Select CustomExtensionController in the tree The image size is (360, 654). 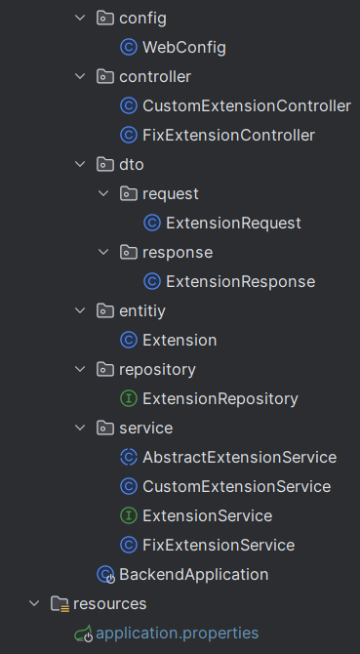(x=246, y=105)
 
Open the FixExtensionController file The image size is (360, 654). (x=228, y=135)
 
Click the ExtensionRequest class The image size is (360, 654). (x=233, y=223)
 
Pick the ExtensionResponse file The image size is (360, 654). (x=240, y=281)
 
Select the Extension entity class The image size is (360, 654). (x=180, y=340)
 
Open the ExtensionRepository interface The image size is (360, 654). (x=220, y=398)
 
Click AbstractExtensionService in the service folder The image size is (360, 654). (x=239, y=457)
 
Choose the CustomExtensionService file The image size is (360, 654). (x=236, y=486)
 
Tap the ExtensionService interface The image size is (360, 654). (x=207, y=515)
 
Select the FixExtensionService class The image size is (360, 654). (x=219, y=545)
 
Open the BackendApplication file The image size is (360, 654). (x=193, y=574)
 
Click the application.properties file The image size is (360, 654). (x=177, y=633)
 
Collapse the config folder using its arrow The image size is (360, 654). (x=81, y=18)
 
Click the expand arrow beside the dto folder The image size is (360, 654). (x=81, y=164)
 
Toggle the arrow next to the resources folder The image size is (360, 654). (x=35, y=603)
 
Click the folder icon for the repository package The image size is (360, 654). (x=104, y=369)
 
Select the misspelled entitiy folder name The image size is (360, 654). (x=143, y=310)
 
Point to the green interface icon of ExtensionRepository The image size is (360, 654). (x=128, y=398)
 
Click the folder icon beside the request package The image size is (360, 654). (x=128, y=193)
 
